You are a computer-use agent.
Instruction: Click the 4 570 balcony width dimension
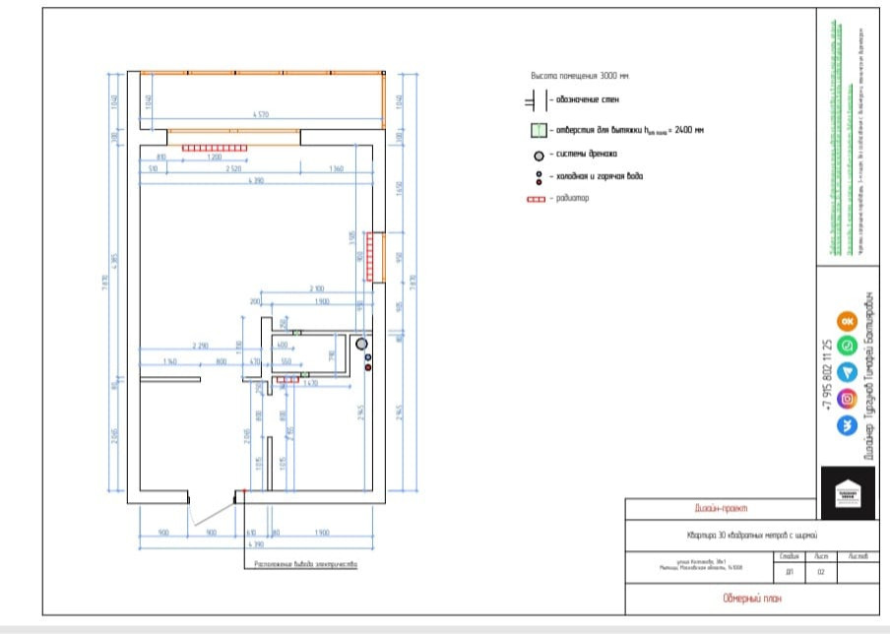pos(260,116)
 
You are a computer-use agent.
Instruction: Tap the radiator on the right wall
pos(370,257)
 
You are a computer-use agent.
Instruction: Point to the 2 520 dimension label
pos(233,169)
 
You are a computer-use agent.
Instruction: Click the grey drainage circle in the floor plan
pos(361,345)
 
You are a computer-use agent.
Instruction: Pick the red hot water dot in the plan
pos(368,367)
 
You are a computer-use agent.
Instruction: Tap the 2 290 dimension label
pos(203,346)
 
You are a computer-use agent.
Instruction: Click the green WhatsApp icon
pos(846,346)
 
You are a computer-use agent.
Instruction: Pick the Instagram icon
pos(846,399)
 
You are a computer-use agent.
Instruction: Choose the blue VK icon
pos(846,425)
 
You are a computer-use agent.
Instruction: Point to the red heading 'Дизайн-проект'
pos(721,509)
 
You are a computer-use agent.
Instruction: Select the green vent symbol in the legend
pos(538,130)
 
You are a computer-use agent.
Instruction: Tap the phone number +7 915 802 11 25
pos(827,375)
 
